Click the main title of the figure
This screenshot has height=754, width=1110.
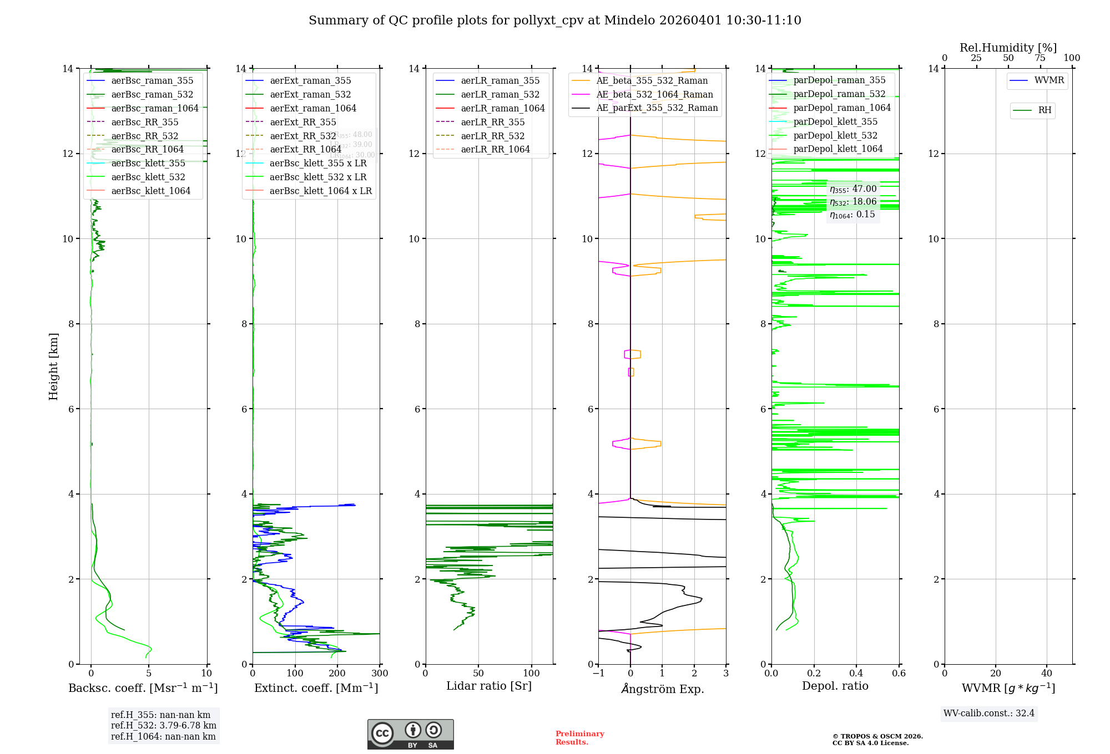pyautogui.click(x=554, y=21)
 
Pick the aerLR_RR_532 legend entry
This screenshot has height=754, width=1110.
pyautogui.click(x=492, y=136)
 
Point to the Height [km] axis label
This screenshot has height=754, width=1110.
pyautogui.click(x=53, y=366)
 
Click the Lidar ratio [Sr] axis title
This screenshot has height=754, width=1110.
pyautogui.click(x=489, y=686)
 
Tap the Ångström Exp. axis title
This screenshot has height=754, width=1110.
pyautogui.click(x=662, y=689)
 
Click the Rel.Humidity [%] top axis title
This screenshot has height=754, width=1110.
pyautogui.click(x=1008, y=48)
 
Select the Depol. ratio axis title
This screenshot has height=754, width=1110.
pyautogui.click(x=835, y=686)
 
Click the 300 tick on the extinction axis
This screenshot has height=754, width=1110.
pyautogui.click(x=380, y=674)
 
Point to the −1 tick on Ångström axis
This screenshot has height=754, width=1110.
pyautogui.click(x=598, y=674)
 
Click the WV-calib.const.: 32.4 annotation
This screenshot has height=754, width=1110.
pyautogui.click(x=988, y=714)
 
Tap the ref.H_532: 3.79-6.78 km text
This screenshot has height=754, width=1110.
pyautogui.click(x=163, y=726)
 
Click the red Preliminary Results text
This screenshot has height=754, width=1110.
pyautogui.click(x=579, y=738)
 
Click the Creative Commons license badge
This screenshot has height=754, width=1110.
pyautogui.click(x=410, y=735)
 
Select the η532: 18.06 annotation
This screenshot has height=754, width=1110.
pyautogui.click(x=853, y=202)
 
